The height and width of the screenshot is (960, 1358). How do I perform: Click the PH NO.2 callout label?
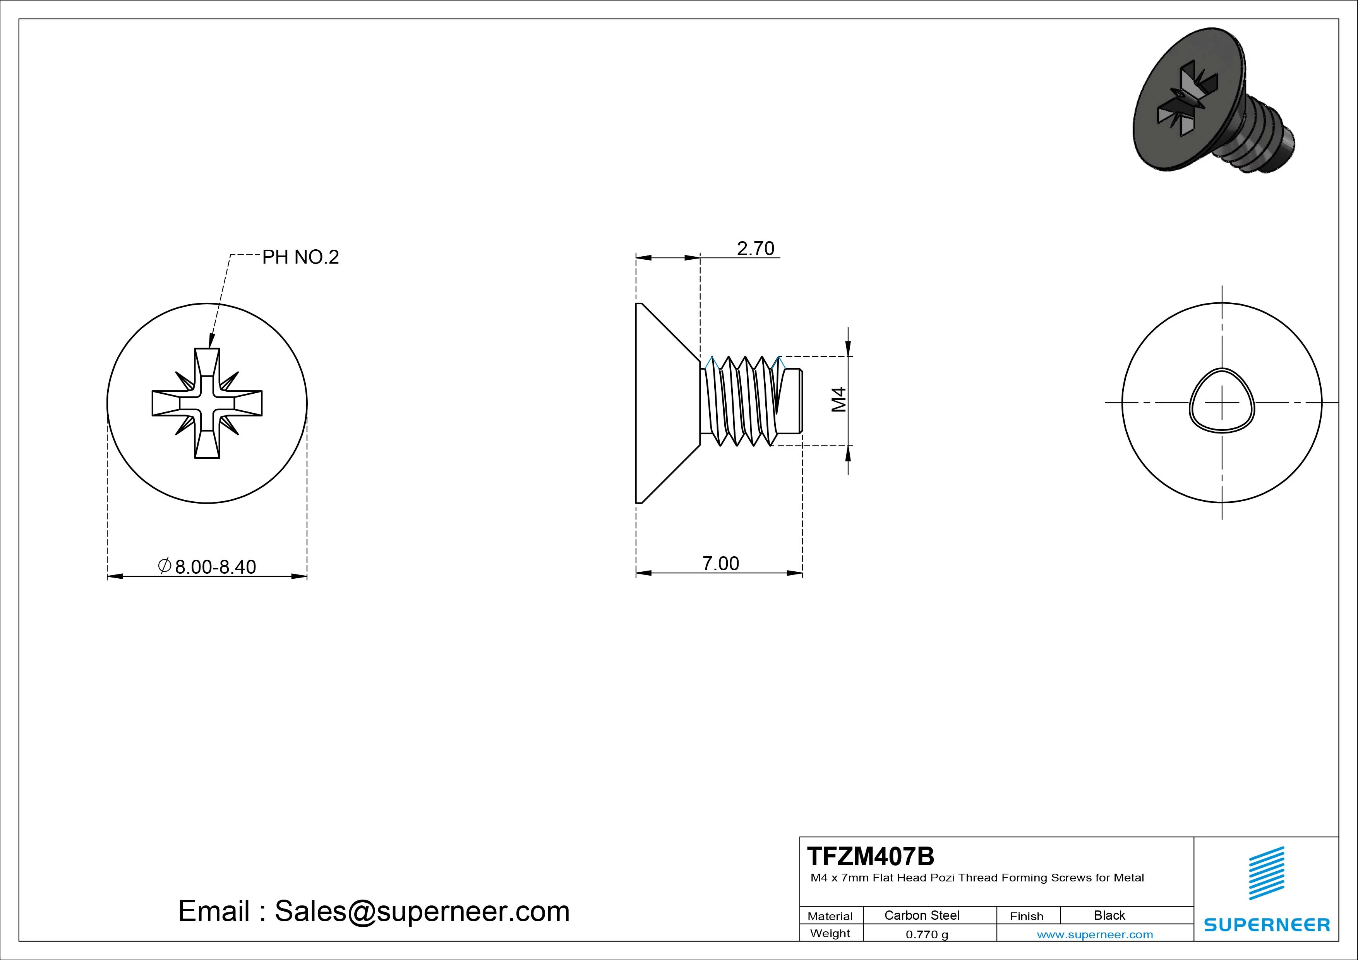[300, 257]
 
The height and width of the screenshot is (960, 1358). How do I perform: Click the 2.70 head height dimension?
[755, 249]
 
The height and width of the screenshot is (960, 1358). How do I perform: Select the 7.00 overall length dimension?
[720, 564]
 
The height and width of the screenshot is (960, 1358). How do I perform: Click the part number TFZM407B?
[871, 856]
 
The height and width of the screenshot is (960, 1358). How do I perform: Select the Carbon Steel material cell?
[921, 915]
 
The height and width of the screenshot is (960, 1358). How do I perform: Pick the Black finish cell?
[1109, 915]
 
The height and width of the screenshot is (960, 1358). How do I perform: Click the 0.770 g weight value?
[927, 934]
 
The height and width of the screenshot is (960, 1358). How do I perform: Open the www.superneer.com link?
[1095, 934]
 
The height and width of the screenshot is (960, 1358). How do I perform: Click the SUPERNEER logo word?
[1266, 924]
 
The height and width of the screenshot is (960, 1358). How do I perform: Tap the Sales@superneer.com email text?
[422, 911]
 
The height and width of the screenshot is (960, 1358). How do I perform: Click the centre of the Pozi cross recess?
[207, 403]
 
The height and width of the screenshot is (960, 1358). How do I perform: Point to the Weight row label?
[830, 933]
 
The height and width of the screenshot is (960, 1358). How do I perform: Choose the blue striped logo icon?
[1266, 873]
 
